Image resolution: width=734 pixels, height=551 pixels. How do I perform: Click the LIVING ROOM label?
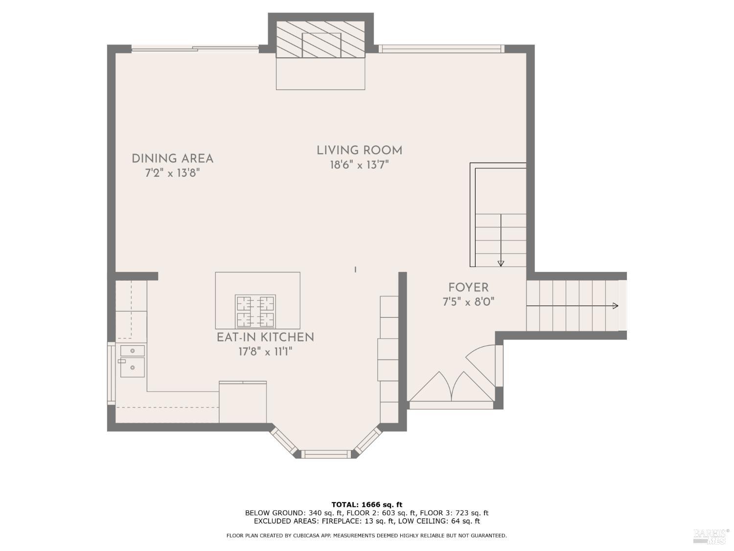(359, 150)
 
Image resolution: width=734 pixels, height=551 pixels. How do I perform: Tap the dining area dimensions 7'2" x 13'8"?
(172, 173)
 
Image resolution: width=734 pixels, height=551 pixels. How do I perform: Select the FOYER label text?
(468, 287)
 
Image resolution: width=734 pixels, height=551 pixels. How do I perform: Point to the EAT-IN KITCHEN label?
(265, 337)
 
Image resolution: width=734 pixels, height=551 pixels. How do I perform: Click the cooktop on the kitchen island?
(255, 311)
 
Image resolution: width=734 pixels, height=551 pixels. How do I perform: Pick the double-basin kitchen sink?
(133, 361)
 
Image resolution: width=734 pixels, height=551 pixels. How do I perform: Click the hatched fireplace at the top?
(321, 40)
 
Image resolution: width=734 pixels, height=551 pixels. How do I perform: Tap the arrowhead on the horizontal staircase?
(616, 306)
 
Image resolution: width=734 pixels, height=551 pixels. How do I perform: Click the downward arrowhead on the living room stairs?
(501, 264)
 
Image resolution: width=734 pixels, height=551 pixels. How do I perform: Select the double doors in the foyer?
(451, 387)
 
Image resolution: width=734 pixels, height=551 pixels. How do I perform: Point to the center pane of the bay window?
(326, 454)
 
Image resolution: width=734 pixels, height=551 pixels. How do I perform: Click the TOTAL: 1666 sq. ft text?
(367, 504)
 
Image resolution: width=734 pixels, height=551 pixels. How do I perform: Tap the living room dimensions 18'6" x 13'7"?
(359, 165)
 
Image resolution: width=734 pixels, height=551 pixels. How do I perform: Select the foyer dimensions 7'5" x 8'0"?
(468, 302)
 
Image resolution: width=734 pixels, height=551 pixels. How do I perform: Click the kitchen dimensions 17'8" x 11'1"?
(265, 352)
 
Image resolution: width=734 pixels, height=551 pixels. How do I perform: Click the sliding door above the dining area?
(195, 48)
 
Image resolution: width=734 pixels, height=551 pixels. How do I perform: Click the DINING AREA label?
(172, 159)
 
